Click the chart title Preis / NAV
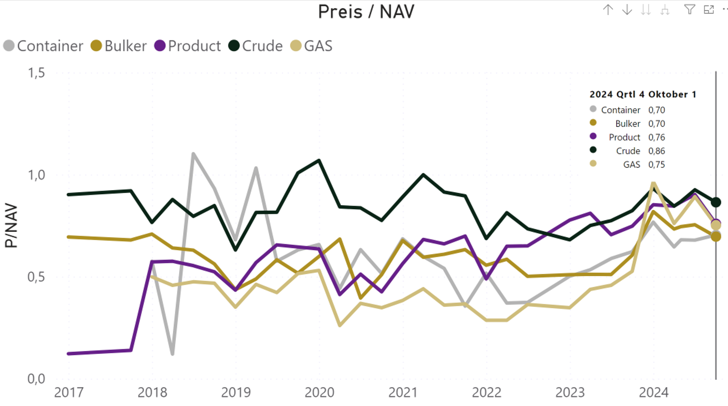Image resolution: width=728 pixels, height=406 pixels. coord(366,12)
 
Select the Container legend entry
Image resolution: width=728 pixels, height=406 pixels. coord(43,46)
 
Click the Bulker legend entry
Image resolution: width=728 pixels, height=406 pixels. coord(119,46)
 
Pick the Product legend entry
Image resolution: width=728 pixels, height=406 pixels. coord(188,46)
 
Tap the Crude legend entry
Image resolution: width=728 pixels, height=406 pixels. coord(256,46)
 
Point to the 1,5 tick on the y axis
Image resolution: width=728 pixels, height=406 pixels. coord(36,72)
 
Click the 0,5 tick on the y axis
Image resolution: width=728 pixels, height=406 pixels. coord(36,277)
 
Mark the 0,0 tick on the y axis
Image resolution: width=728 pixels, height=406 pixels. coord(36,379)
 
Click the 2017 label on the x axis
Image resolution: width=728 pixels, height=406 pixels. coord(69,392)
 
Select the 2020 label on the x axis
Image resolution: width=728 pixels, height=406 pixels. coord(320,392)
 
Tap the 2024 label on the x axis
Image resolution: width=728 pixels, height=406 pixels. coord(654,392)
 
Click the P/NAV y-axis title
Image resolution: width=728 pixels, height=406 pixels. coord(11,225)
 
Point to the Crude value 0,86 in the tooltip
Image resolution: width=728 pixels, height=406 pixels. coord(657,151)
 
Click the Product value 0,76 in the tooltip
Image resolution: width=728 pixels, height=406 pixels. coord(657,137)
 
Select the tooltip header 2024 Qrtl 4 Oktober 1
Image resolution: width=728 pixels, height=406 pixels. coord(642,95)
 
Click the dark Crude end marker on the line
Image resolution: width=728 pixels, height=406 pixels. coord(716,202)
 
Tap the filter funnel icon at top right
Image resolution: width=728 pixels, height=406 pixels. coord(689,9)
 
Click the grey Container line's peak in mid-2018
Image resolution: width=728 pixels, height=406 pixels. coord(193,154)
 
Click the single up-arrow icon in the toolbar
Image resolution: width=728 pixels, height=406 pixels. coord(608,10)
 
